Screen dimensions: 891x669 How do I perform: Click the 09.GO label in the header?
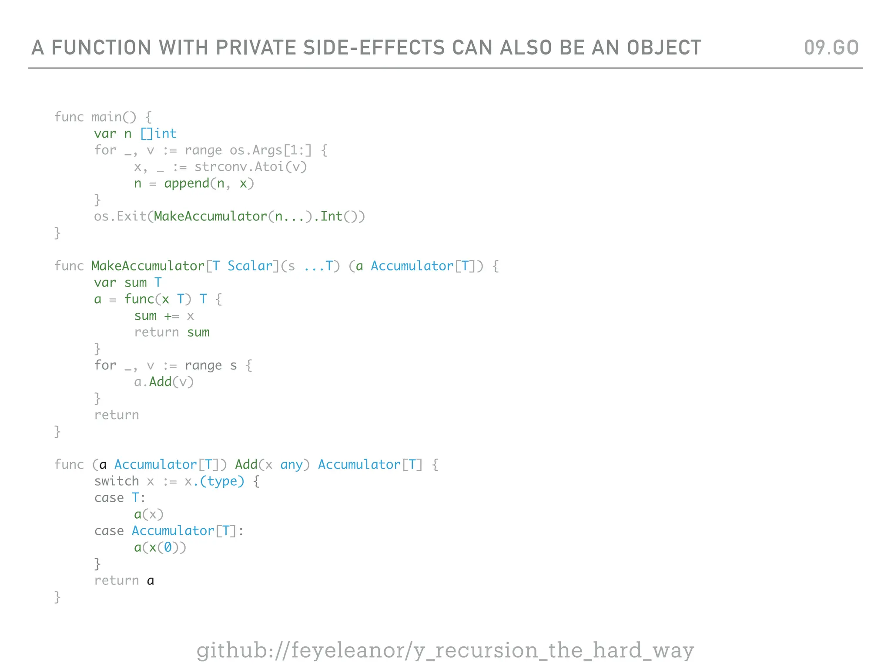coord(831,47)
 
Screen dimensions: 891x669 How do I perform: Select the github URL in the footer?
coord(445,650)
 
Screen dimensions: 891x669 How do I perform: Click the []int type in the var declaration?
coord(158,134)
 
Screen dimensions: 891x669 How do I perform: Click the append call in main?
coord(187,183)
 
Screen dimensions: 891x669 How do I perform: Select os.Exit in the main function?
coord(120,216)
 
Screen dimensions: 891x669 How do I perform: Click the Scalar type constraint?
coord(250,266)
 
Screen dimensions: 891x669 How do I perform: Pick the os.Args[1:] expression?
coord(271,150)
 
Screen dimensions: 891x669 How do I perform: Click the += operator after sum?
coord(171,316)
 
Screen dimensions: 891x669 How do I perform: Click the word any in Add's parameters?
coord(291,465)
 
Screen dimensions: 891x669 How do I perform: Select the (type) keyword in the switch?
coord(222,481)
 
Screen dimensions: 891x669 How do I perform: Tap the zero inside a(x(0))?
coord(167,547)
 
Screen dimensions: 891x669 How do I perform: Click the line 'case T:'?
coord(120,498)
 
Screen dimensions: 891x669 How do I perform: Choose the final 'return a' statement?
coord(124,581)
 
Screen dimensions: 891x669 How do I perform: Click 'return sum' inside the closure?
coord(171,332)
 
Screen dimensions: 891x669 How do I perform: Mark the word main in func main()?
coord(107,117)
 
